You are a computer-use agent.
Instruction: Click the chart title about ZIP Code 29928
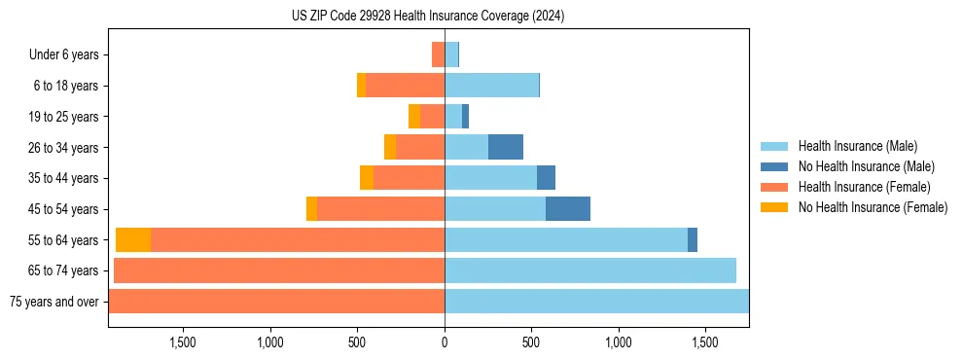tap(428, 17)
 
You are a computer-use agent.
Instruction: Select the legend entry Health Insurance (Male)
tap(857, 146)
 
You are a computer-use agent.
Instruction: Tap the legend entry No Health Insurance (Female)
tap(873, 207)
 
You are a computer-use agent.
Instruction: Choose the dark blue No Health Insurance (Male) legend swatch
tap(774, 166)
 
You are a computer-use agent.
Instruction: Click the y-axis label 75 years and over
tap(53, 302)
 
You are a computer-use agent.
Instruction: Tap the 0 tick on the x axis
tap(445, 342)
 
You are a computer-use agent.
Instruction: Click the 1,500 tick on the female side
tap(184, 342)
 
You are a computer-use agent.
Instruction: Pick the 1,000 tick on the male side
tap(619, 342)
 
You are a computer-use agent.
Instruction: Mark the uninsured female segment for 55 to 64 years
tap(133, 240)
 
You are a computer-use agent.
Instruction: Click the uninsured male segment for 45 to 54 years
tap(568, 209)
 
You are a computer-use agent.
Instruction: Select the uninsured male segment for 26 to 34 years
tap(506, 148)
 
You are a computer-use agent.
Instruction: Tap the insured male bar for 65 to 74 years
tap(590, 270)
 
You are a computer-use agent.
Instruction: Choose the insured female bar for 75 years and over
tap(276, 302)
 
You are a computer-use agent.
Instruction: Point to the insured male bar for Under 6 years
tap(451, 55)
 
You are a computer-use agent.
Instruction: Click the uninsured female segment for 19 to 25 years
tap(414, 117)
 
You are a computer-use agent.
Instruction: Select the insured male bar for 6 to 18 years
tap(491, 86)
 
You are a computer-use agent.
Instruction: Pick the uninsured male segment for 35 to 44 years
tap(546, 178)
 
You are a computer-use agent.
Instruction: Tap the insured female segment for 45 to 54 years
tap(380, 209)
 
